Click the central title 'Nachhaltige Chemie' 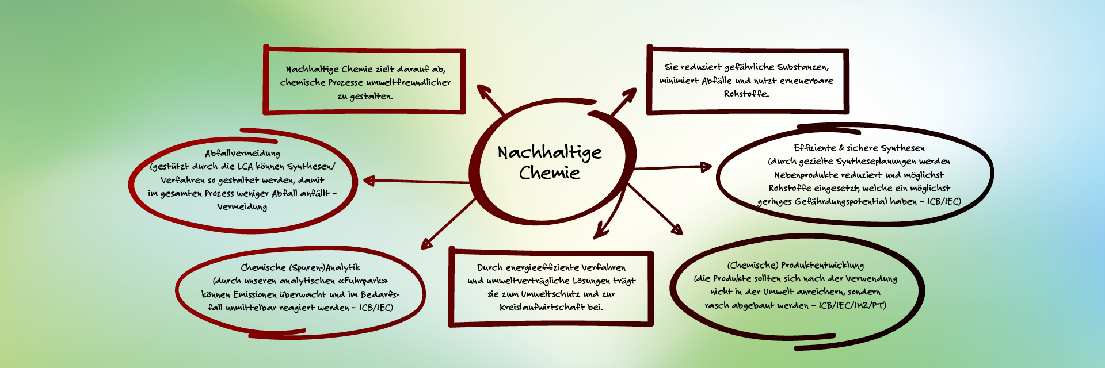point(550,162)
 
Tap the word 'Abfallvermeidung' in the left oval point(242,153)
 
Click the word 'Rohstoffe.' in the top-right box point(746,94)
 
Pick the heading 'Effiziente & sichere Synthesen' point(859,148)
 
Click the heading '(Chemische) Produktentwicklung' point(795,265)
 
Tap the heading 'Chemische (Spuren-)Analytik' point(300,267)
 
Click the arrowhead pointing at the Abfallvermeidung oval point(368,181)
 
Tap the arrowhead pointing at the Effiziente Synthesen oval point(706,167)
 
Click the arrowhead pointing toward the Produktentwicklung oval point(677,229)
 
